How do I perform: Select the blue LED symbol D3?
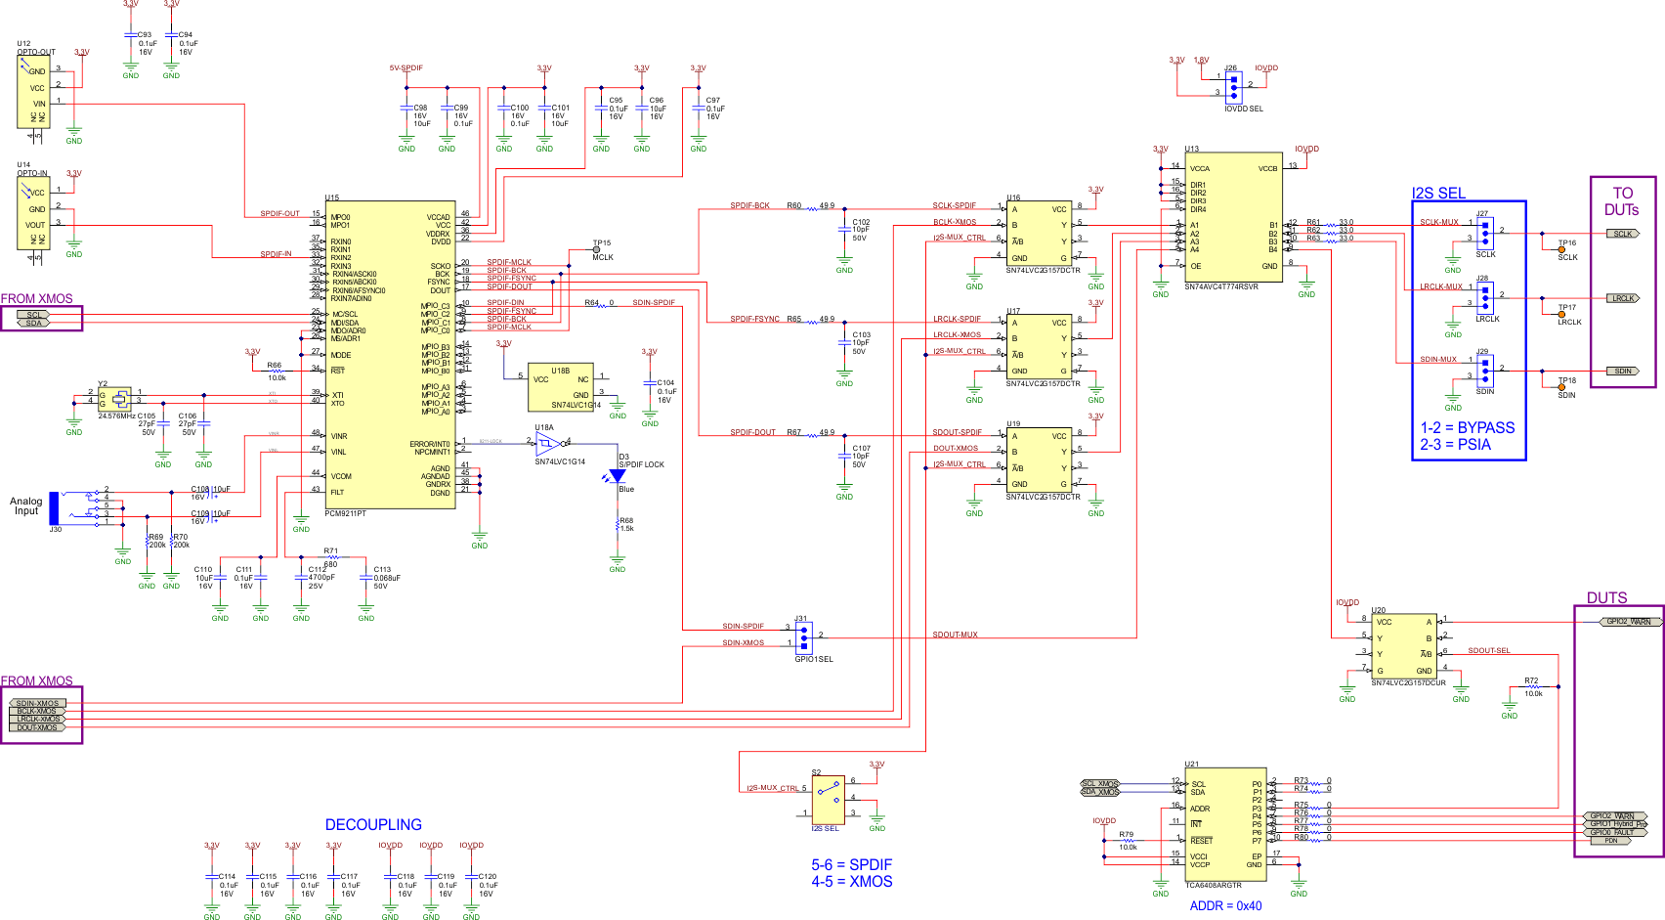pyautogui.click(x=617, y=476)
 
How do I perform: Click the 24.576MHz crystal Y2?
pyautogui.click(x=119, y=399)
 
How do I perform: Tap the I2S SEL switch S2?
pyautogui.click(x=828, y=800)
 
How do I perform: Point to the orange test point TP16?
pyautogui.click(x=1560, y=249)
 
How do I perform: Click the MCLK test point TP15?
pyautogui.click(x=596, y=250)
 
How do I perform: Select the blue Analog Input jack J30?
pyautogui.click(x=55, y=507)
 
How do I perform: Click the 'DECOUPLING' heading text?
pyautogui.click(x=373, y=825)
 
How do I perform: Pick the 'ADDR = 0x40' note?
pyautogui.click(x=1225, y=906)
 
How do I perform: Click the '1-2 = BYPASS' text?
pyautogui.click(x=1467, y=428)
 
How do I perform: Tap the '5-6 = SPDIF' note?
pyautogui.click(x=851, y=865)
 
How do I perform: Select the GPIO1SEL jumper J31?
pyautogui.click(x=804, y=638)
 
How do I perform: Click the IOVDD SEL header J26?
pyautogui.click(x=1233, y=88)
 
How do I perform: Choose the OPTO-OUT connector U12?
pyautogui.click(x=32, y=91)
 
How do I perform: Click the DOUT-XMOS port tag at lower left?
pyautogui.click(x=38, y=727)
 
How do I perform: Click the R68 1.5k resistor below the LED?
pyautogui.click(x=618, y=526)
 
